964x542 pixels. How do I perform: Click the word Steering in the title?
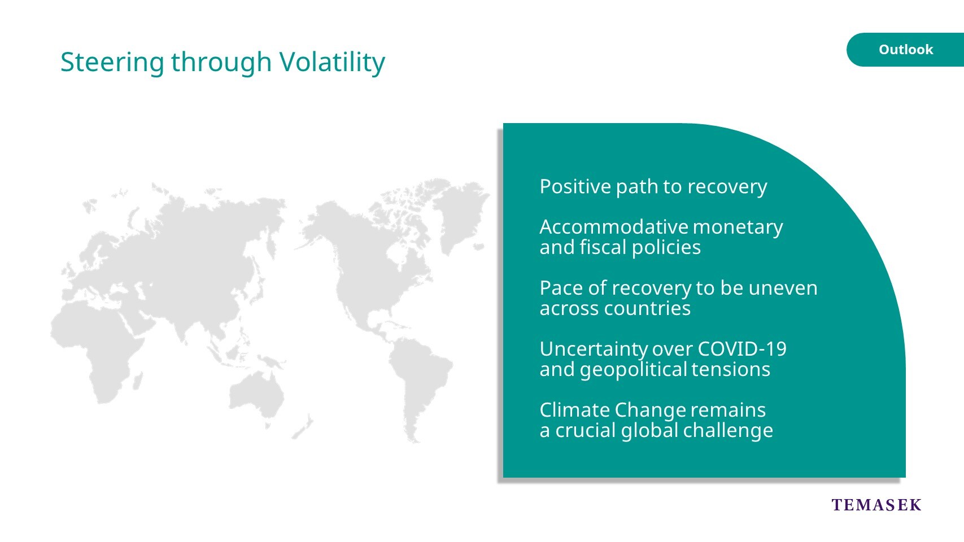tap(112, 62)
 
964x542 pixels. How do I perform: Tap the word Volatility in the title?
tap(332, 62)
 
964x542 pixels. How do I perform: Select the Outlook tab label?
tap(906, 50)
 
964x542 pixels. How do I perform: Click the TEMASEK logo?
tap(876, 505)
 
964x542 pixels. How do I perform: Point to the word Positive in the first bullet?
tap(575, 187)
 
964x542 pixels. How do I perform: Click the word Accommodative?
tap(614, 227)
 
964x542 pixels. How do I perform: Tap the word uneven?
tap(783, 288)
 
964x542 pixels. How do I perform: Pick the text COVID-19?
tap(742, 349)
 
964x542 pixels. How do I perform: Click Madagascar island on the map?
tap(138, 381)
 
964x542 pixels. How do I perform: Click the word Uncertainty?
tap(594, 349)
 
